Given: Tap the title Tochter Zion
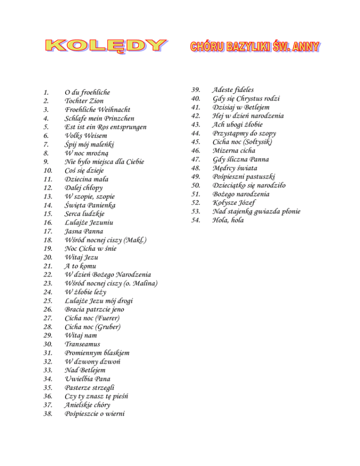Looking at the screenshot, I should (84, 101).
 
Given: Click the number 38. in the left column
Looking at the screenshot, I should (46, 414).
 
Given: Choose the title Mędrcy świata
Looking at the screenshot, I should (235, 168).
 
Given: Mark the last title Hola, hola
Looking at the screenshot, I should (228, 220).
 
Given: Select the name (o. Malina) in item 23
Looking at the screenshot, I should (140, 284).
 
